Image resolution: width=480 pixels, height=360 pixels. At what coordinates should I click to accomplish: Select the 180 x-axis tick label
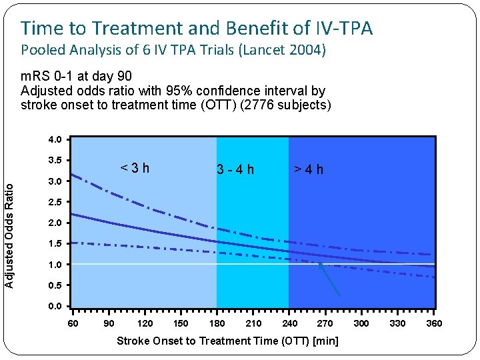click(x=217, y=323)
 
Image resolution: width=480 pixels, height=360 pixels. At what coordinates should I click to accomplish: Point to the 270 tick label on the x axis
click(x=325, y=323)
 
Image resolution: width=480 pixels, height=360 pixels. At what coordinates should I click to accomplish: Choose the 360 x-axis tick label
click(x=434, y=323)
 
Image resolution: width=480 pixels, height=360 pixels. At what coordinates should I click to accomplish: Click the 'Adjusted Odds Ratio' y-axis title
click(x=9, y=227)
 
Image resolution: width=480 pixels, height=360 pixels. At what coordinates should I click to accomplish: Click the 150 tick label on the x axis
click(x=180, y=323)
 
